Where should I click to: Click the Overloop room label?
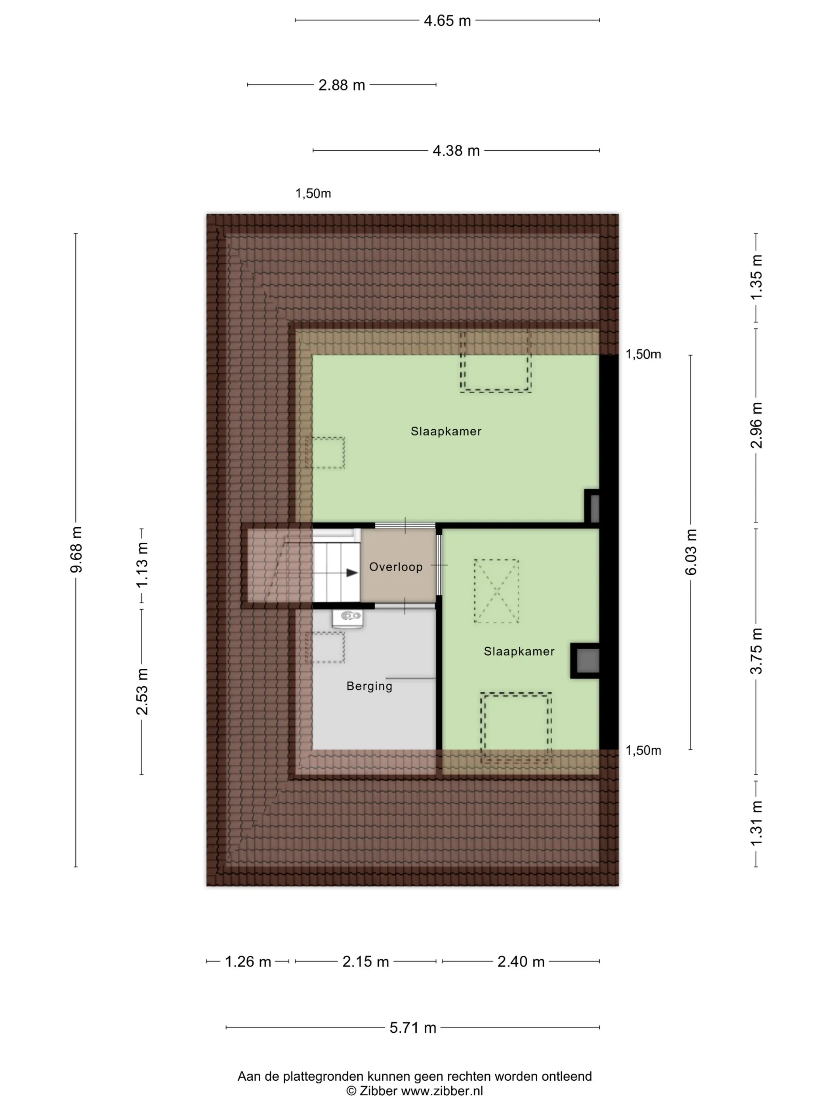[396, 566]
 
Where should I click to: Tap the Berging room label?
[369, 686]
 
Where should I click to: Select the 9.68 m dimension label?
[76, 549]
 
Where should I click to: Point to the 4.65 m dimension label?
[447, 21]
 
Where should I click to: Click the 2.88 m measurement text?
[342, 85]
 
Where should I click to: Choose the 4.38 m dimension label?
[456, 151]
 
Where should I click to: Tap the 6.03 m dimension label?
[691, 551]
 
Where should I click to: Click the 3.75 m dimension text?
[756, 651]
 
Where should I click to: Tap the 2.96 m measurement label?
[756, 425]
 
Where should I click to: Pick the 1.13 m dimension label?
[142, 565]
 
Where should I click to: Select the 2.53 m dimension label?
[142, 691]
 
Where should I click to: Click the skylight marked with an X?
[496, 591]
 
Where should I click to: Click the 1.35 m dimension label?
[756, 277]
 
